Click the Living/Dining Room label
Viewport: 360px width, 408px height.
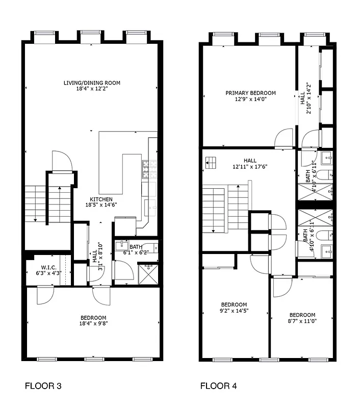click(92, 83)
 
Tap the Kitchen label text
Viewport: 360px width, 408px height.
click(101, 199)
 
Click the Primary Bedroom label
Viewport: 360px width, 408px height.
click(251, 93)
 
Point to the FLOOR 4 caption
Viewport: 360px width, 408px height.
click(218, 386)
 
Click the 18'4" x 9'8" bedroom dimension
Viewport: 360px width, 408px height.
click(93, 323)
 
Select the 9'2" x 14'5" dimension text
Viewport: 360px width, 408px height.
click(234, 311)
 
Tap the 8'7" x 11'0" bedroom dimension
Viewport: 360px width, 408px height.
click(302, 321)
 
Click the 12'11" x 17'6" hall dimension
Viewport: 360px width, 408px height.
click(250, 166)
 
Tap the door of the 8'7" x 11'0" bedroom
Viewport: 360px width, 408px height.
click(281, 287)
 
